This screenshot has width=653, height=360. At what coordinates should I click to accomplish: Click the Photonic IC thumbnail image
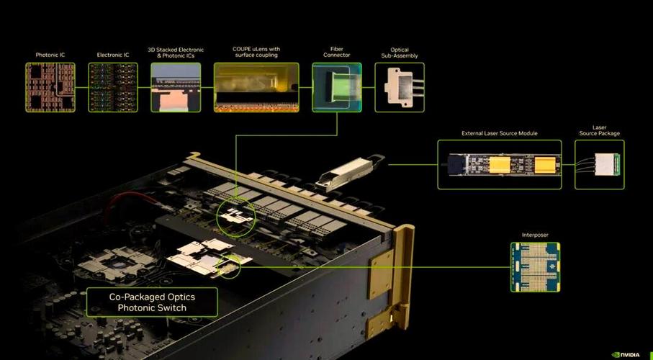tap(50, 88)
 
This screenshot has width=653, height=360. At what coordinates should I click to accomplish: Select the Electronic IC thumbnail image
tap(113, 88)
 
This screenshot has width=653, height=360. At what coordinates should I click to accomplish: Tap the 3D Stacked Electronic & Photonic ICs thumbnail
tap(176, 88)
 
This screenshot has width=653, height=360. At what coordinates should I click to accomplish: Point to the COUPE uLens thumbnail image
tap(256, 88)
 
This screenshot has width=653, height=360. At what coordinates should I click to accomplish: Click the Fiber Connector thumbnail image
tap(337, 88)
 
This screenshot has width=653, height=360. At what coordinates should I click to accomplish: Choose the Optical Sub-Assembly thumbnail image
tap(400, 88)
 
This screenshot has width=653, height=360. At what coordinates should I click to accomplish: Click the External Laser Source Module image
tap(500, 165)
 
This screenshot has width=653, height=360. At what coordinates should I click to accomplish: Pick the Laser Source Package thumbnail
tap(600, 165)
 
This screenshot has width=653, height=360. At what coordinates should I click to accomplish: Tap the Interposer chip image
tap(536, 267)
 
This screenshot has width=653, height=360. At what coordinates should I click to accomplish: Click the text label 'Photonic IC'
tap(50, 55)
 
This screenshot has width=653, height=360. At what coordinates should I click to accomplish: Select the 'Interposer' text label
tap(535, 235)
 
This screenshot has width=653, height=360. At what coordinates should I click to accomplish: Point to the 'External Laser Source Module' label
tap(500, 133)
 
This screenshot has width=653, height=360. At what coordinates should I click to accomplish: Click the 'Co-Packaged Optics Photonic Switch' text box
tap(152, 302)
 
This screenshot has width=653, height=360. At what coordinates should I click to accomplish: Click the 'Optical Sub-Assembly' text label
tap(400, 53)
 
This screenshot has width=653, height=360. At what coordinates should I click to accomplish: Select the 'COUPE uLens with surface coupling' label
tap(256, 52)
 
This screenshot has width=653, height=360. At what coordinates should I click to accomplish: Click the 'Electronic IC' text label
tap(113, 55)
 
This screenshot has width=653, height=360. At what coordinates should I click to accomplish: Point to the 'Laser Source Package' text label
tap(600, 130)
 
